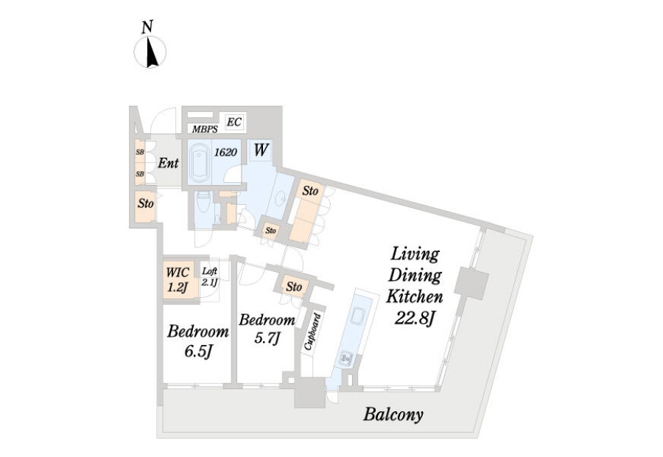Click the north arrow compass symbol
150,52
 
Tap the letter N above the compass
147,27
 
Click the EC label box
234,122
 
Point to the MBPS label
205,130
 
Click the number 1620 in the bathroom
225,153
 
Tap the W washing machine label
261,150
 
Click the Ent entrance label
168,163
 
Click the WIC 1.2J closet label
178,279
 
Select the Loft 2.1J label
210,276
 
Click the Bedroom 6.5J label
198,341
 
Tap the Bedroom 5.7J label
267,327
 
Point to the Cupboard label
313,332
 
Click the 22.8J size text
414,318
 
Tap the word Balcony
393,414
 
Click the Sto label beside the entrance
145,204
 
